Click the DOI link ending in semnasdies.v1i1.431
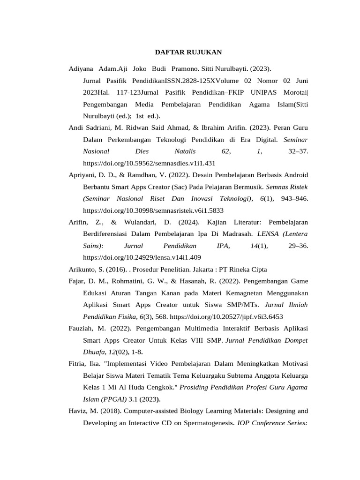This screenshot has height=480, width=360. point(149,164)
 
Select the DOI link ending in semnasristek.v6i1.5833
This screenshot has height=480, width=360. point(153,210)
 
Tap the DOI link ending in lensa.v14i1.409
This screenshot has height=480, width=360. point(142,257)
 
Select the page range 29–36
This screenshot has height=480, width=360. point(297,246)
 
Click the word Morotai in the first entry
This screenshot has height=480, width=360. point(293,92)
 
